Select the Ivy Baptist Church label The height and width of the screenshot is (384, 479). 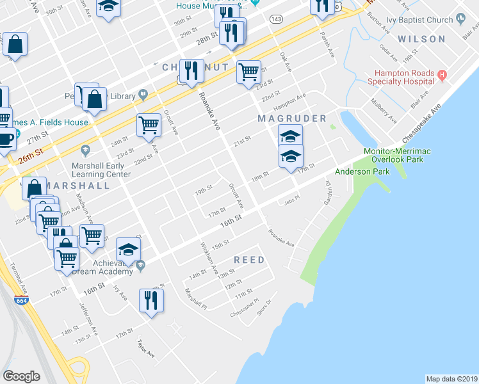pyautogui.click(x=423, y=20)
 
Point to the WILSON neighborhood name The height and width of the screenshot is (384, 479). pyautogui.click(x=421, y=39)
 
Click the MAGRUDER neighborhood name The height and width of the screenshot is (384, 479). pyautogui.click(x=292, y=119)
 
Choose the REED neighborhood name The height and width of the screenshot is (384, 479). pyautogui.click(x=249, y=260)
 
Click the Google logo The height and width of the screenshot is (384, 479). pyautogui.click(x=21, y=376)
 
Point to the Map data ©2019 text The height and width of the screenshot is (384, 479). pyautogui.click(x=451, y=379)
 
